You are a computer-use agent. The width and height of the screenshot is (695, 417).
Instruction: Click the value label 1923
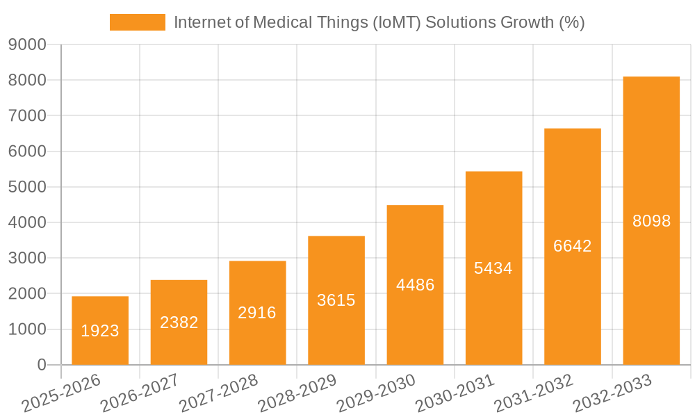100,331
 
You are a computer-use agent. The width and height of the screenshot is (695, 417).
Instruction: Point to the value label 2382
179,322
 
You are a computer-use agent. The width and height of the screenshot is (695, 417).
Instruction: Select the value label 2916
257,313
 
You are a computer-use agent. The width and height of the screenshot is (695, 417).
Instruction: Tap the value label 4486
415,285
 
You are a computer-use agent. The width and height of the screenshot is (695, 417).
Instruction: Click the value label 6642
572,246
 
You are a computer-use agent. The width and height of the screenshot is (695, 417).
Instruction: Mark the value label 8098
651,221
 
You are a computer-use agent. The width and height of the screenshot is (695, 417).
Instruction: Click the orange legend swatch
138,22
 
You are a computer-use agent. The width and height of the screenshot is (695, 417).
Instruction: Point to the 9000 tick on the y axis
27,44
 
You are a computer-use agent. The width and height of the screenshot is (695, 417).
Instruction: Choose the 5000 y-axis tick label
27,187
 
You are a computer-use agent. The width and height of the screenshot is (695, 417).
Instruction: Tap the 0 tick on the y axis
41,365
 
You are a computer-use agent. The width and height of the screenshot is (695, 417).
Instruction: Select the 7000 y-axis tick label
27,115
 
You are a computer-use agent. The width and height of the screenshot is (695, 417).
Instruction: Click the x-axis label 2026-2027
140,393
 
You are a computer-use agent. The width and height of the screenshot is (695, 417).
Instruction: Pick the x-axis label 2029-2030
376,393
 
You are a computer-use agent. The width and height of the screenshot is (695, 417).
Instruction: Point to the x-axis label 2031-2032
534,393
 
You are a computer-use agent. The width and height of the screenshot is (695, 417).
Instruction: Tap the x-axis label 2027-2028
218,393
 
